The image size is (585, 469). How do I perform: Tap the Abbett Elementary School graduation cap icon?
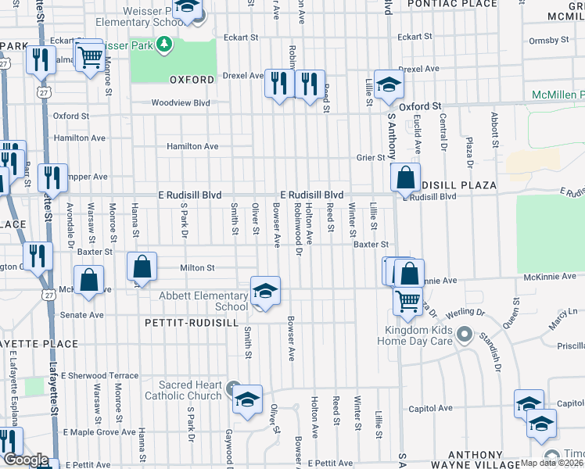[265, 292]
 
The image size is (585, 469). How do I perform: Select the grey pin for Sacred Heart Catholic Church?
[232, 388]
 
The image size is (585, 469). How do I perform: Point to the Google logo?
[26, 460]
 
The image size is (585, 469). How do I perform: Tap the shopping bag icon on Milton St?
[142, 267]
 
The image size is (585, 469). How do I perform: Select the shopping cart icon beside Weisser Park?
[90, 55]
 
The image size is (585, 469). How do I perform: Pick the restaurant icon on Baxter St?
[37, 255]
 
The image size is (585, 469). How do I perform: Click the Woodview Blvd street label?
[181, 102]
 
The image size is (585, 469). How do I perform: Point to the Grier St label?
[371, 157]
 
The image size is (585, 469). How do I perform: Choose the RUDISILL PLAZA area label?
[458, 185]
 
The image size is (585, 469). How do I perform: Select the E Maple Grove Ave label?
[100, 431]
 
